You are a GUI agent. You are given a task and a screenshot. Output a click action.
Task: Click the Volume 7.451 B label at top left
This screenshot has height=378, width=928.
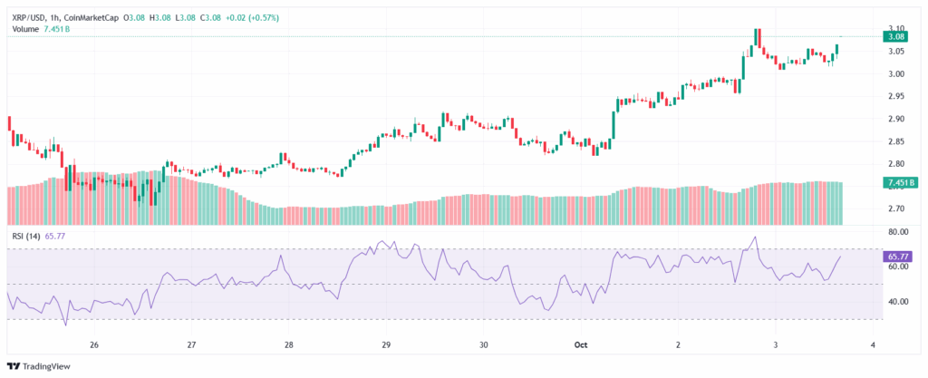click(41, 29)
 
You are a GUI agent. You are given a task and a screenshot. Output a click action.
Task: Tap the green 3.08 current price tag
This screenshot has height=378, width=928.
click(896, 36)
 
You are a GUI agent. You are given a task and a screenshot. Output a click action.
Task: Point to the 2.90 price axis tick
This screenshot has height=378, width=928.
click(894, 119)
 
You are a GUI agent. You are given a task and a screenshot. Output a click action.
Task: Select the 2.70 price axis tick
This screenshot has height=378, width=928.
click(894, 208)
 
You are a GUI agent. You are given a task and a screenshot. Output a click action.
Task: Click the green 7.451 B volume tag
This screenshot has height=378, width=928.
click(896, 183)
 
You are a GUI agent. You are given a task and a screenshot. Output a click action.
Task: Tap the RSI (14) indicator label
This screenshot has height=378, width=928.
click(26, 236)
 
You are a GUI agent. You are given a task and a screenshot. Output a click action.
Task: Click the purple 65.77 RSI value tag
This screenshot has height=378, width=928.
click(896, 257)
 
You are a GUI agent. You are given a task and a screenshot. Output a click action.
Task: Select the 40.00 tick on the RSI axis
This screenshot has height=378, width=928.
click(895, 302)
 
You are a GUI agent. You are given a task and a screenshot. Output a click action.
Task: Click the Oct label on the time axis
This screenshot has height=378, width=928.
click(582, 345)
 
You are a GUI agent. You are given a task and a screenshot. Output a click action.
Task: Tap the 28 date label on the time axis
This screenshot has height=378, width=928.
click(288, 345)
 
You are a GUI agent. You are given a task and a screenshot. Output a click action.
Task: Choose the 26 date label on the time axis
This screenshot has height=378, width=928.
click(93, 345)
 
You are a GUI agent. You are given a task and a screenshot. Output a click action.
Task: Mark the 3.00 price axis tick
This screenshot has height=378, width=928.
click(894, 74)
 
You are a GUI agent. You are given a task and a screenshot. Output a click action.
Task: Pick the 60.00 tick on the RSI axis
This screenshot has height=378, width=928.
click(895, 267)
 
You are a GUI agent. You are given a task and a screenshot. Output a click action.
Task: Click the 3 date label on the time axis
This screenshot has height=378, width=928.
click(776, 345)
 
